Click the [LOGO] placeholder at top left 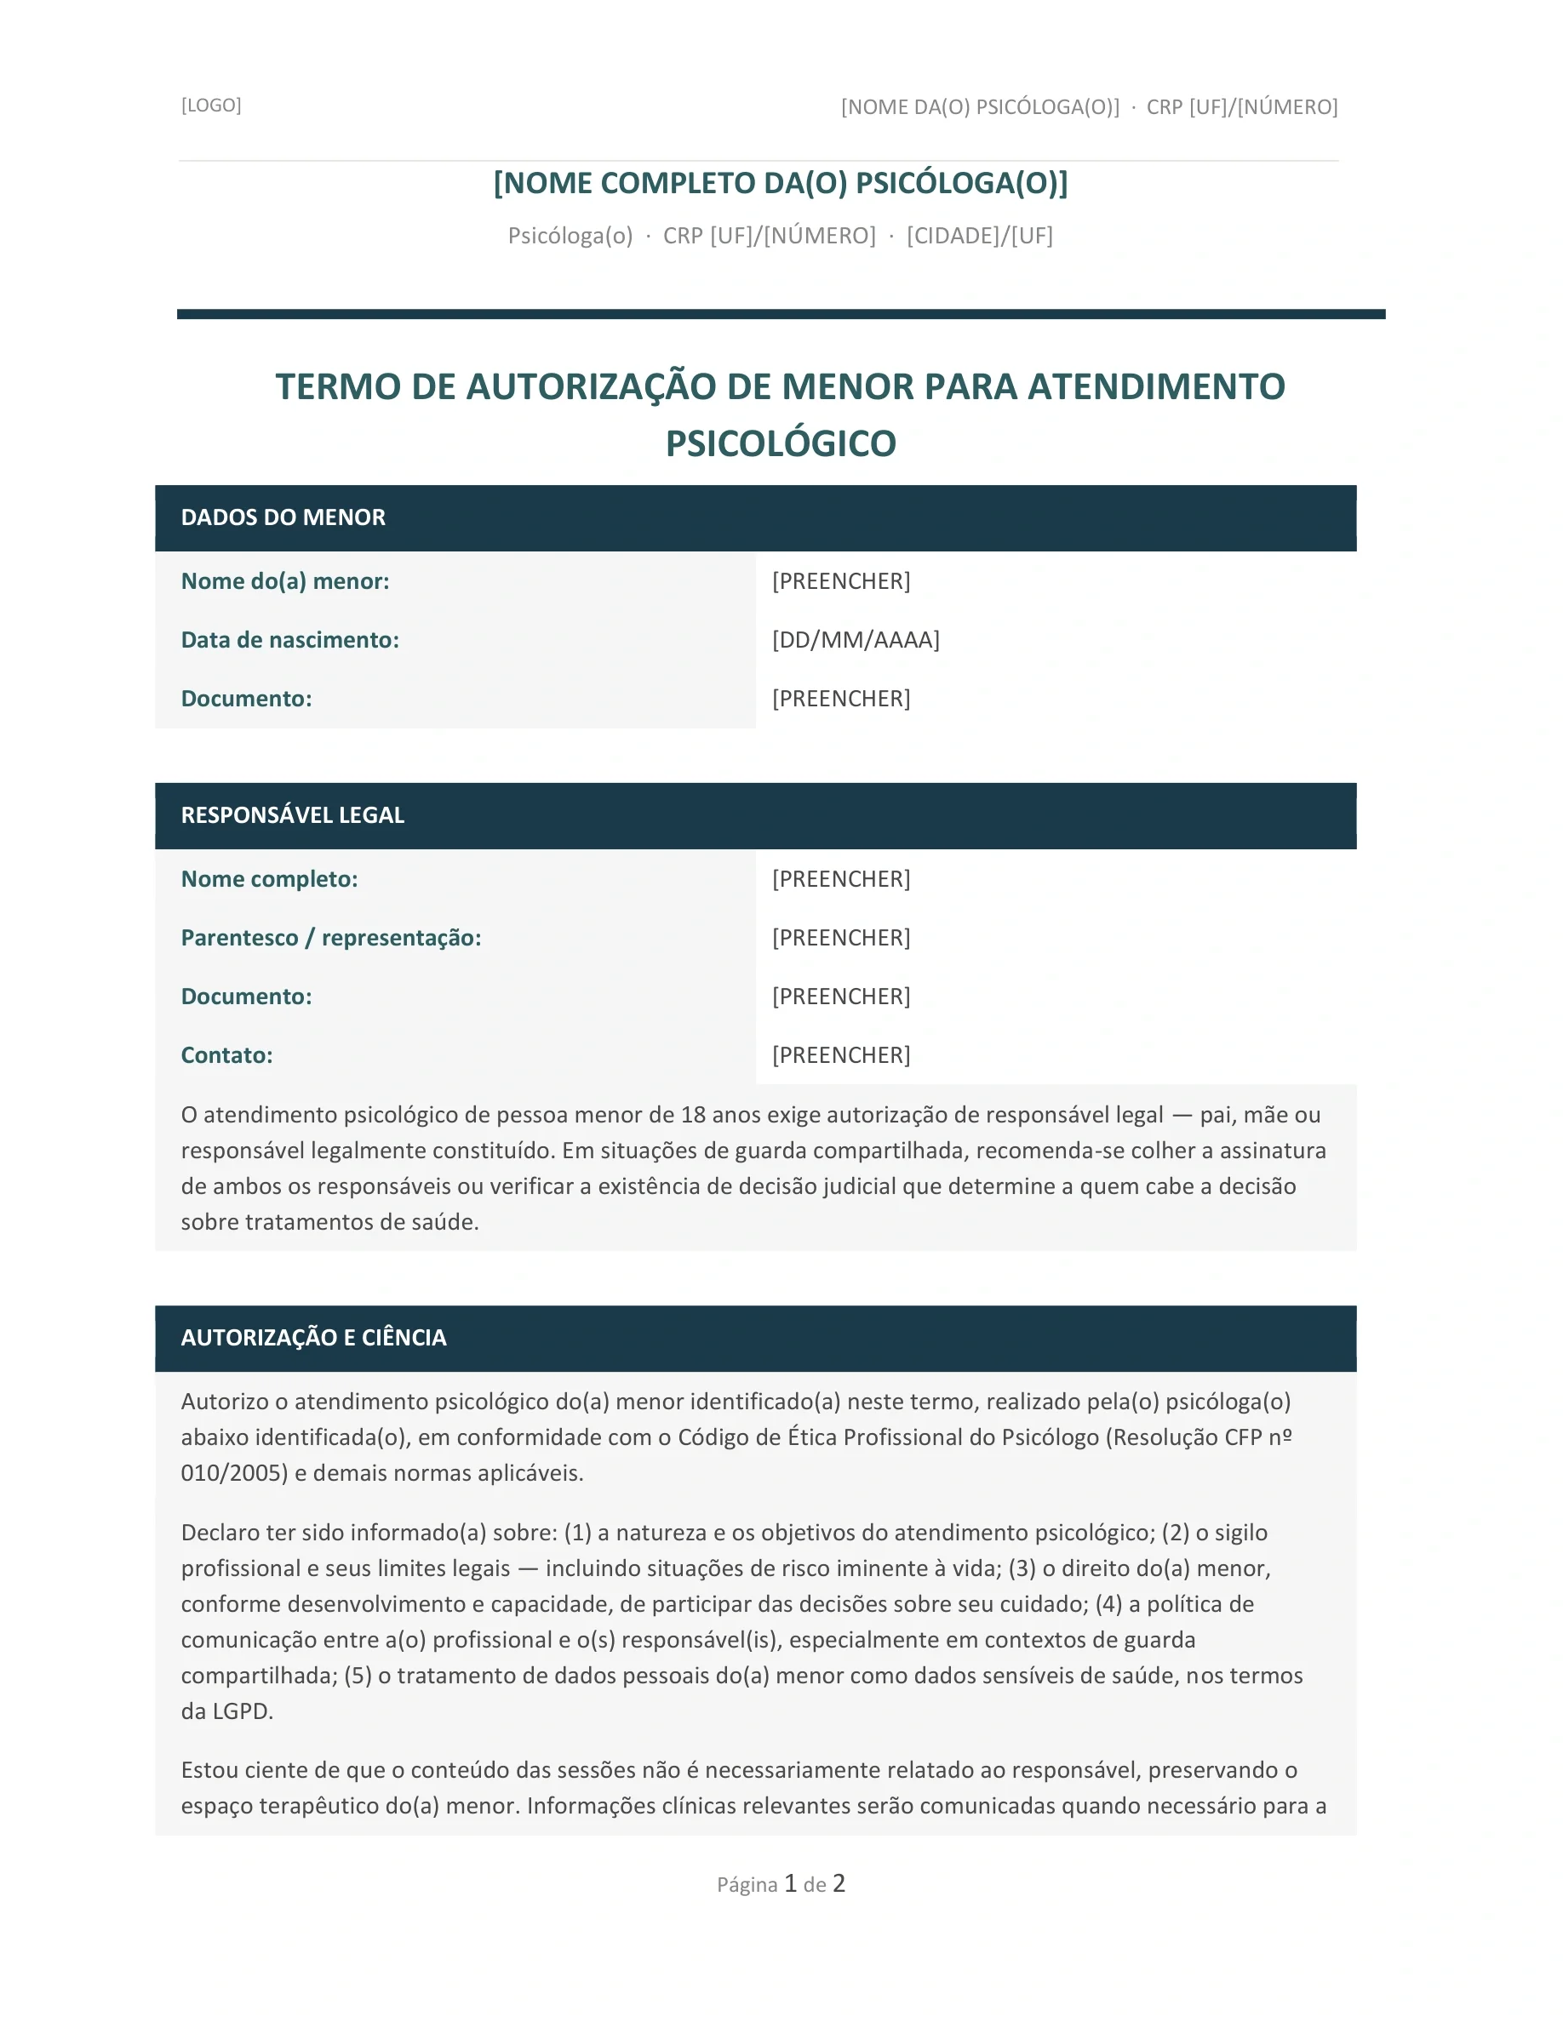[211, 105]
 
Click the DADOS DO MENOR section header [283, 517]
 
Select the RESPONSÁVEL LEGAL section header [293, 815]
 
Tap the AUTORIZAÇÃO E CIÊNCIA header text [313, 1338]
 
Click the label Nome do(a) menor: [284, 581]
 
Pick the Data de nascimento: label [289, 641]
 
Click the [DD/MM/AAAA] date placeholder [856, 641]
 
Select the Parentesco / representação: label [330, 938]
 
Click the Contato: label [226, 1055]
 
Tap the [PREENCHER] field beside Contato [841, 1055]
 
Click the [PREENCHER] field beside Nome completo [841, 880]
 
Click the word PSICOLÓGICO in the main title [781, 443]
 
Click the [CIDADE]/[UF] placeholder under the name [980, 236]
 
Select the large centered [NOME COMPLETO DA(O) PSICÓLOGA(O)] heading [781, 183]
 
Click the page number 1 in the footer [791, 1883]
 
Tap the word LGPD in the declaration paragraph [242, 1712]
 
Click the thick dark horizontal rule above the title [781, 315]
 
